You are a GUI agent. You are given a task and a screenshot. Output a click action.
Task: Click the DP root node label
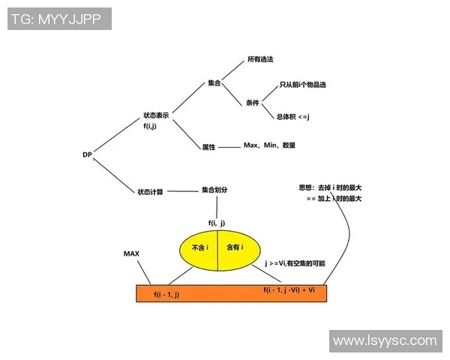87,154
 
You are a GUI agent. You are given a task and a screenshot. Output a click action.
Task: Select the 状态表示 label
156,116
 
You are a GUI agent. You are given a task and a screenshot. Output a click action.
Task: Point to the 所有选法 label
260,58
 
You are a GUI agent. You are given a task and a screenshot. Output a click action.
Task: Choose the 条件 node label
252,103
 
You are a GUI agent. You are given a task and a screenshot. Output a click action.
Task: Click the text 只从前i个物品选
303,85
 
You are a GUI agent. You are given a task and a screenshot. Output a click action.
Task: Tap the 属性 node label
208,147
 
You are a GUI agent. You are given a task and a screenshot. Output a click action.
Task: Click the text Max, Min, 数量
269,144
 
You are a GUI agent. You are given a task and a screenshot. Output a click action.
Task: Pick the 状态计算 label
150,191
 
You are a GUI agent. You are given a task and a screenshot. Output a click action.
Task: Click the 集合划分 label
214,190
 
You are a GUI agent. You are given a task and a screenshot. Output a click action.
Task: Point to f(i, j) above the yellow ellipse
217,223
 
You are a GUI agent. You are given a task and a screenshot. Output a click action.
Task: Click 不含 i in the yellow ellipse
199,247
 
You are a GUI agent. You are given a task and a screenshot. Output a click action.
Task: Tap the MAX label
131,254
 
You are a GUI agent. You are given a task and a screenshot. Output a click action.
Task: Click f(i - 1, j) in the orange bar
166,295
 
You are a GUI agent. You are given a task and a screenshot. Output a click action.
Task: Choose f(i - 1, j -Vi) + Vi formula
289,289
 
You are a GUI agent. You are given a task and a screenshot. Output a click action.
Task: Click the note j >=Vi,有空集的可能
295,264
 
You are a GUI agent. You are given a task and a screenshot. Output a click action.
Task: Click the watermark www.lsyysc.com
384,340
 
